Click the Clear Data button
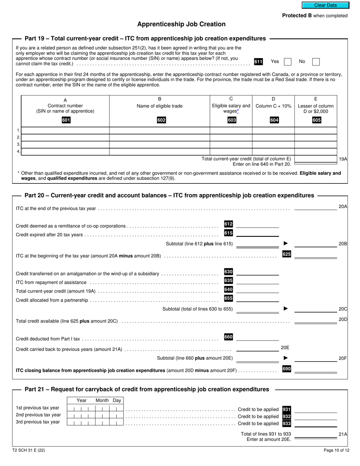[x=325, y=5]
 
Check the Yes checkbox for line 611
[x=288, y=62]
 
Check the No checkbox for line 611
[x=316, y=62]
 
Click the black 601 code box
[x=66, y=120]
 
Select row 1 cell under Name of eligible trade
[x=160, y=131]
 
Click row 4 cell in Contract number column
[x=65, y=152]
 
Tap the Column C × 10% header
[x=273, y=106]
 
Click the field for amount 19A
[x=315, y=159]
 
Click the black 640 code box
[x=229, y=289]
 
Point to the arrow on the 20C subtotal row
[x=286, y=309]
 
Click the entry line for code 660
[x=257, y=337]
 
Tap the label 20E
[x=285, y=347]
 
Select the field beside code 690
[x=315, y=369]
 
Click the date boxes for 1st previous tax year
[x=95, y=408]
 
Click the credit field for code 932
[x=315, y=416]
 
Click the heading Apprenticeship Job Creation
[x=181, y=24]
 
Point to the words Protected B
[x=294, y=16]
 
